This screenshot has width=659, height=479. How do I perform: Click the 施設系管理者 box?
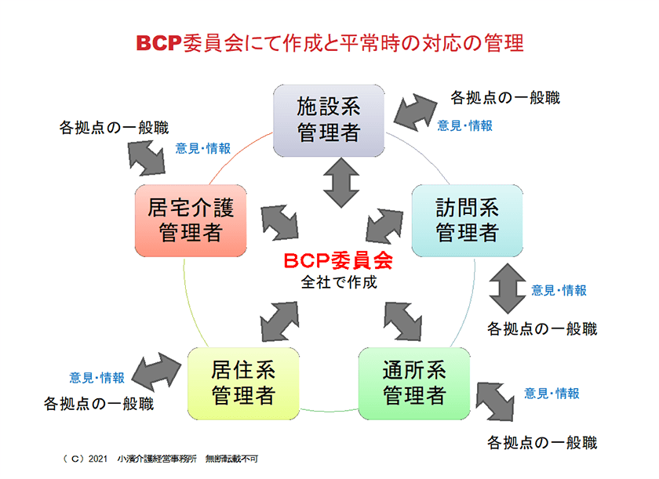pos(329,121)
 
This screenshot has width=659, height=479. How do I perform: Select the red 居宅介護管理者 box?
pos(191,220)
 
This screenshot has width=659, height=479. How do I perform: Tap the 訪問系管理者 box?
pos(467,220)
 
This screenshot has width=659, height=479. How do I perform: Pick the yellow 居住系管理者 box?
pos(243,383)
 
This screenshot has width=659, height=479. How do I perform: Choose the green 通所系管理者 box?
pos(414,383)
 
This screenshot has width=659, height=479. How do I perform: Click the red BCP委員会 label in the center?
pos(338,261)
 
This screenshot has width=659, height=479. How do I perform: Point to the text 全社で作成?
pos(339,282)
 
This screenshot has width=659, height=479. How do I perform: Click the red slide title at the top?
pos(330,43)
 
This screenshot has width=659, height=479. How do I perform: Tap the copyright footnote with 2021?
pos(160,459)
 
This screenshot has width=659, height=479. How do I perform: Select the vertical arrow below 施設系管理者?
pos(341,183)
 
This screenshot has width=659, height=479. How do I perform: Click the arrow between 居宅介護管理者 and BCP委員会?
pos(279,223)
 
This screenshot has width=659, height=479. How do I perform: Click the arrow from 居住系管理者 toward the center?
pos(279,321)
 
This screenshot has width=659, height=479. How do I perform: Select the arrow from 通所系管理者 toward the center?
pos(402,321)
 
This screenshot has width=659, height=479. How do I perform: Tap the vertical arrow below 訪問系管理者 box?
pos(508,288)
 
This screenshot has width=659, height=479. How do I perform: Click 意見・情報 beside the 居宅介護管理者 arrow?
pos(203,148)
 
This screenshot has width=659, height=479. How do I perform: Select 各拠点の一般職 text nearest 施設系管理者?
pos(505,98)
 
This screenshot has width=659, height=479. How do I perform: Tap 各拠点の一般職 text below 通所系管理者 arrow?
pos(542,442)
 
